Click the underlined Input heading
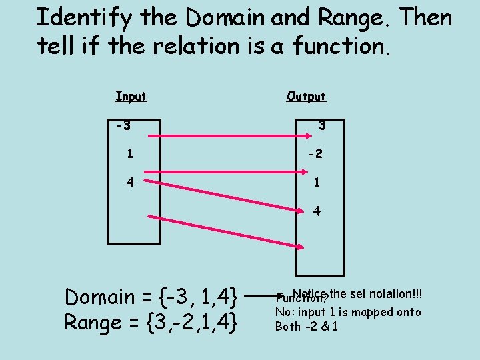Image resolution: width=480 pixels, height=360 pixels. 131,97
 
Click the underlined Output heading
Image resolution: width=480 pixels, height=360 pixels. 306,97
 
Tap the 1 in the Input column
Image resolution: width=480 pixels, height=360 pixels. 131,153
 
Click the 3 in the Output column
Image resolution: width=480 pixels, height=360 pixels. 321,125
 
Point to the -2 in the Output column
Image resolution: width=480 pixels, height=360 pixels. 315,153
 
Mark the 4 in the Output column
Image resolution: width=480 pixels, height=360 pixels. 317,211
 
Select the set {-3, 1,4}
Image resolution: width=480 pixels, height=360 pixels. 200,294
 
